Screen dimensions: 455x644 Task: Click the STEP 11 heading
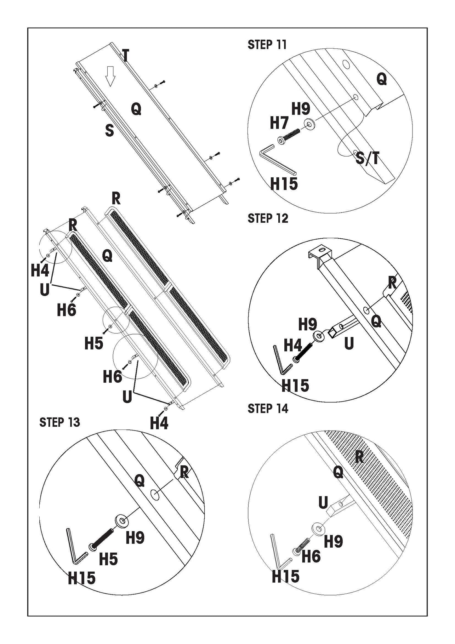[267, 45]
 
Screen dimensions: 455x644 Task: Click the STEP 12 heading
[268, 218]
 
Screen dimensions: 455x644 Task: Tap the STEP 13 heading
[60, 422]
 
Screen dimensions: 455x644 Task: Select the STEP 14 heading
[268, 408]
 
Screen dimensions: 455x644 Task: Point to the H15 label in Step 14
[286, 576]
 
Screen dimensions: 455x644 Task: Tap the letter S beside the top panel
[110, 130]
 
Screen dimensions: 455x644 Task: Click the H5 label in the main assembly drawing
[94, 343]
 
